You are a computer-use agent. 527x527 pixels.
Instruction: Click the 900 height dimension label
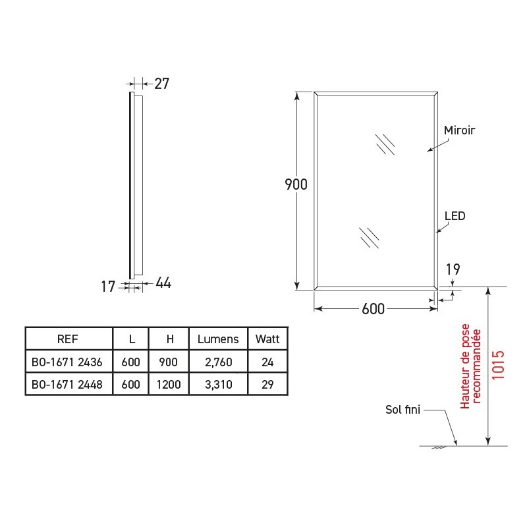pyautogui.click(x=296, y=184)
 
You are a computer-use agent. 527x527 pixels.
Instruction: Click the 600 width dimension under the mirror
pyautogui.click(x=373, y=309)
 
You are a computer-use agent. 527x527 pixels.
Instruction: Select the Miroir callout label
pyautogui.click(x=459, y=130)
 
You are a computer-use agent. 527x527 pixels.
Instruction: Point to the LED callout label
pyautogui.click(x=455, y=215)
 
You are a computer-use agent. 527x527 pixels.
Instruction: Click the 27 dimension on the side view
pyautogui.click(x=161, y=84)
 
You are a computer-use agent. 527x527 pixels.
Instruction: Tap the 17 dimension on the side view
pyautogui.click(x=109, y=286)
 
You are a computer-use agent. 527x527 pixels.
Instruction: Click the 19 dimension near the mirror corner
pyautogui.click(x=452, y=269)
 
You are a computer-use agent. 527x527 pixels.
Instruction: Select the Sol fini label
pyautogui.click(x=402, y=410)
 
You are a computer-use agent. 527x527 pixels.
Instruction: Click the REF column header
pyautogui.click(x=68, y=339)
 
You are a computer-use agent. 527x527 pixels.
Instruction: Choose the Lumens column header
pyautogui.click(x=218, y=339)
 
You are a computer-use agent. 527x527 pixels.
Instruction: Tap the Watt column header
pyautogui.click(x=267, y=339)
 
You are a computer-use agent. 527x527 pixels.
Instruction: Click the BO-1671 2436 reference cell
pyautogui.click(x=67, y=362)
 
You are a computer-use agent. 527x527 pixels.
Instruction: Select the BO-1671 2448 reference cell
pyautogui.click(x=67, y=384)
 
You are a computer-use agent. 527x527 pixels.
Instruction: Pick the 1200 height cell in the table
pyautogui.click(x=169, y=384)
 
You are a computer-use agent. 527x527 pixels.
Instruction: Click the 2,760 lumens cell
pyautogui.click(x=218, y=362)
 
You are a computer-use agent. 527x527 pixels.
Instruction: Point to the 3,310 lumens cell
pyautogui.click(x=218, y=384)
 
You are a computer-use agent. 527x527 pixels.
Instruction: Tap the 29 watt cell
pyautogui.click(x=267, y=384)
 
